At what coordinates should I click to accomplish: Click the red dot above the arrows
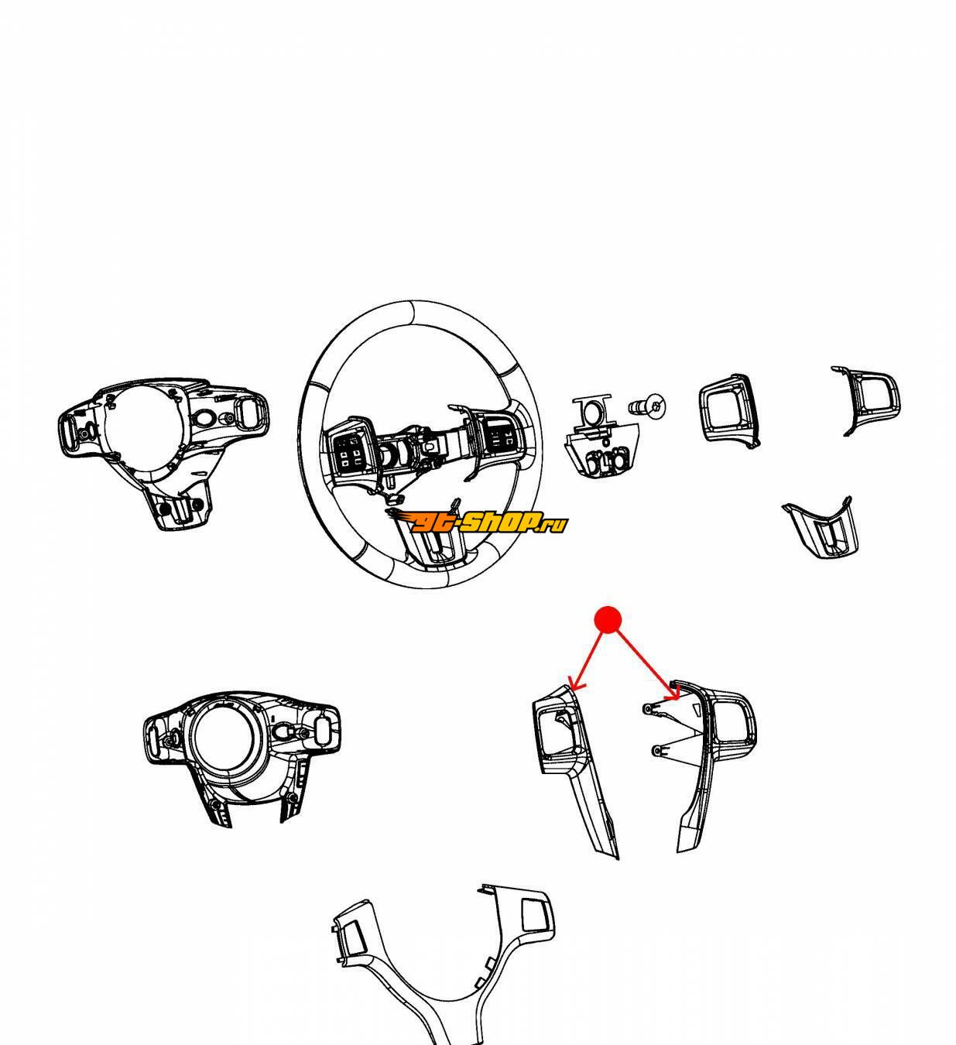tap(608, 619)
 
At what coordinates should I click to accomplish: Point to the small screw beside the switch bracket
tap(648, 404)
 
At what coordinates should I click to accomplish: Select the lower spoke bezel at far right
tap(820, 526)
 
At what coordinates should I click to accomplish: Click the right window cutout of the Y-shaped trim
tap(533, 915)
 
